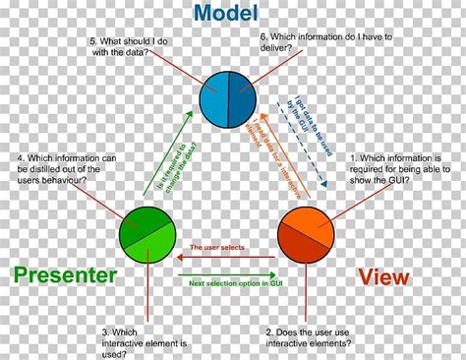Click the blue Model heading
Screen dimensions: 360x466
[226, 15]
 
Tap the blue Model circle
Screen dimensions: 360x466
[227, 99]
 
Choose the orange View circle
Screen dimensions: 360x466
[306, 234]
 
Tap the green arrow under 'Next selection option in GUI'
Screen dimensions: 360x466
[226, 271]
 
